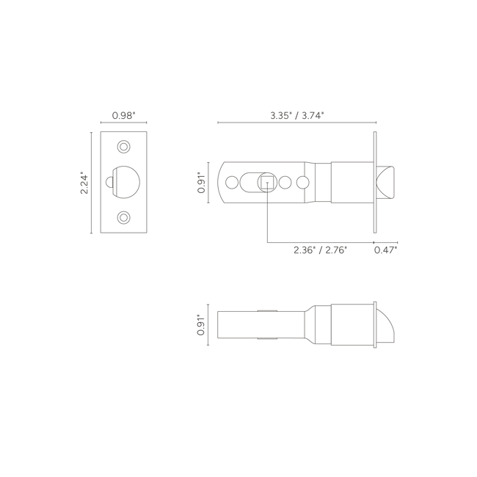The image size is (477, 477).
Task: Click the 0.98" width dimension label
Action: [x=123, y=116]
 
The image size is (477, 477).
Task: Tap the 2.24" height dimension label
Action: [x=84, y=184]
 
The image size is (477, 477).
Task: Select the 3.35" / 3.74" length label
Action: [x=297, y=116]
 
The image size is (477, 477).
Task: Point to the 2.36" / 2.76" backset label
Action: [x=321, y=250]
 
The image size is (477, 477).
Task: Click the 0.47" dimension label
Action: [x=386, y=250]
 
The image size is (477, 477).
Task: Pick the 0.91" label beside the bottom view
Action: [x=201, y=325]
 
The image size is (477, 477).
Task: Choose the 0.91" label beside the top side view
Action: [x=201, y=183]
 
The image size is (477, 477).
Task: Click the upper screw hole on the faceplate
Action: [x=124, y=147]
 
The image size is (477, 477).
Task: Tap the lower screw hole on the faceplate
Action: [x=124, y=218]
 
